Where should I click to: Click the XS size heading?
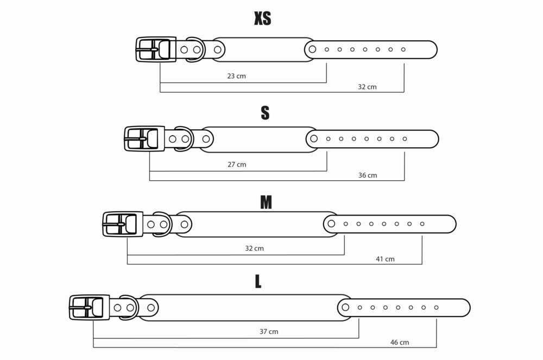click(x=262, y=18)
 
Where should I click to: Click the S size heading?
click(x=265, y=113)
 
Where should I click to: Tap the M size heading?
click(x=266, y=203)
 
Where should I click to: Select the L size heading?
click(x=258, y=281)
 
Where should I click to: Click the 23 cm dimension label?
click(x=237, y=76)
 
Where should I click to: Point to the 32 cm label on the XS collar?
click(x=367, y=87)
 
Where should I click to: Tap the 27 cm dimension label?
click(x=237, y=165)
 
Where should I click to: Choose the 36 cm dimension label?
click(x=368, y=175)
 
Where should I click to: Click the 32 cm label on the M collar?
click(x=254, y=249)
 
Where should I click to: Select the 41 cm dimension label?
click(x=385, y=259)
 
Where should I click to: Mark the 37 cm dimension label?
click(x=269, y=332)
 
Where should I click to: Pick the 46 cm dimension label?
click(x=400, y=342)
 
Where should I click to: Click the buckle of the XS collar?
click(x=156, y=49)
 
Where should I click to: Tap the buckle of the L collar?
click(x=90, y=307)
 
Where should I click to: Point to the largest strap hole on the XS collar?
click(x=312, y=49)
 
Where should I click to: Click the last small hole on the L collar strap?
click(x=437, y=307)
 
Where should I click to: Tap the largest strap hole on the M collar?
click(x=331, y=224)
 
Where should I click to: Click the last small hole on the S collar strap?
click(x=405, y=139)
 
